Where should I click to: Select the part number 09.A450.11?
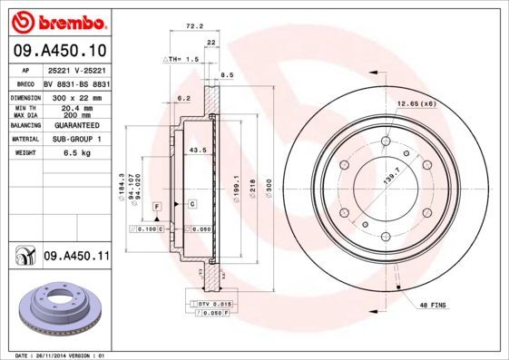point(75,258)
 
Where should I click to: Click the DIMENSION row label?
point(24,95)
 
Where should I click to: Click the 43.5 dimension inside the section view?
point(195,149)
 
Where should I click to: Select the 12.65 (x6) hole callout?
point(416,104)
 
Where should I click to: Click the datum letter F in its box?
point(157,208)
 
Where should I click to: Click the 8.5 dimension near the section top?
point(227,75)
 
